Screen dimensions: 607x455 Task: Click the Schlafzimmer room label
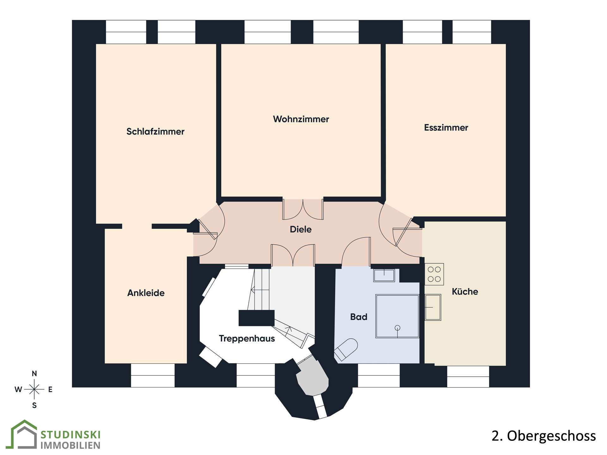tap(155, 131)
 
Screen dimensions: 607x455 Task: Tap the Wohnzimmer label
tap(301, 119)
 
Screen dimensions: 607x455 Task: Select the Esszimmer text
tap(446, 128)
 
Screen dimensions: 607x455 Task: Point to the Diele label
tap(301, 229)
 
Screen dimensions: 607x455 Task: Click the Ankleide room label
tap(146, 293)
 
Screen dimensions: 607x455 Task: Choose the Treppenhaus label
tap(247, 339)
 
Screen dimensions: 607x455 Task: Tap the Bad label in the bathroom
tap(359, 317)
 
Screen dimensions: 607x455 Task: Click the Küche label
tap(465, 291)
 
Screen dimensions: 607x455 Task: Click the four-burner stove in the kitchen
tap(434, 274)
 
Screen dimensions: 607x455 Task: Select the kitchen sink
tap(432, 307)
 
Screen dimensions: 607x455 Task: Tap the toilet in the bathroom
tap(346, 350)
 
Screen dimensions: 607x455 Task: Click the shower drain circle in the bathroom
tap(397, 328)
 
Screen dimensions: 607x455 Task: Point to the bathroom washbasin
tap(384, 275)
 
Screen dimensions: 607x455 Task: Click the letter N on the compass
tap(34, 373)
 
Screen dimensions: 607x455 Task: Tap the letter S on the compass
tap(34, 405)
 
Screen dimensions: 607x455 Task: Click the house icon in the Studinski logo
tap(24, 434)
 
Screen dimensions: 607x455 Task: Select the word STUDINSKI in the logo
tap(71, 435)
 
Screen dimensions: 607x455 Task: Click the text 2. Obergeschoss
tap(544, 436)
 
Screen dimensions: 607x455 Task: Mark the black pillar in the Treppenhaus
tap(256, 318)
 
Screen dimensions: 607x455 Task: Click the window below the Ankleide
tap(153, 375)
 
